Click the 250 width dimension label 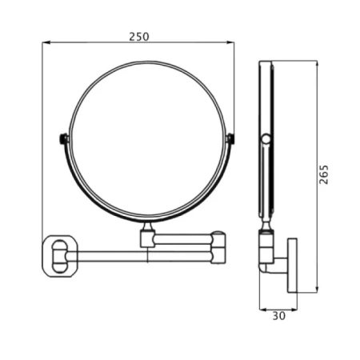139,37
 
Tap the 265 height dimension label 324,174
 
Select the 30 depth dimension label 278,316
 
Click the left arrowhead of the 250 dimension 46,42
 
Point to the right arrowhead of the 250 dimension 230,42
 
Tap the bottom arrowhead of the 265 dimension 317,289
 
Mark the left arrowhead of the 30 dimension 263,310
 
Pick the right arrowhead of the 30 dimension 294,310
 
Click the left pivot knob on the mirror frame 63,139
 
